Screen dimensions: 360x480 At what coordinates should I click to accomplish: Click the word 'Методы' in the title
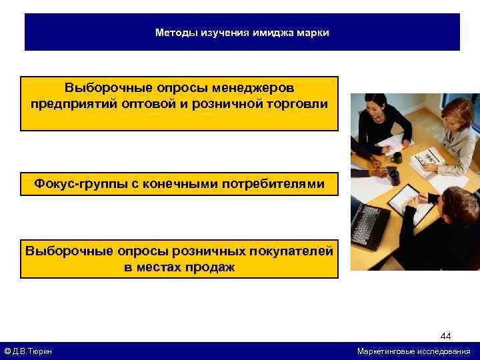point(173,32)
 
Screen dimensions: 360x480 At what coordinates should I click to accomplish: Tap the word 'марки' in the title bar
point(313,32)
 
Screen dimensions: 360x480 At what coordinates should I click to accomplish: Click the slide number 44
point(445,336)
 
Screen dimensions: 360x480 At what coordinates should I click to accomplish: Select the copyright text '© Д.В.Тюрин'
point(28,351)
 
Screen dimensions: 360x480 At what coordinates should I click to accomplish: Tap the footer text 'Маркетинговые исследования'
point(413,351)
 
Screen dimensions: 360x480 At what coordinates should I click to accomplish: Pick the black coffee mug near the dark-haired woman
point(397,157)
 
